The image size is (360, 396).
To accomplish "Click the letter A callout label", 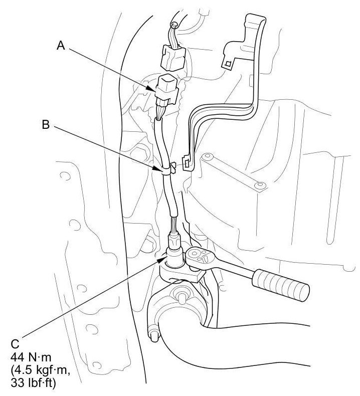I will pyautogui.click(x=61, y=46).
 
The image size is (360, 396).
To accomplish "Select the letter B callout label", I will pyautogui.click(x=46, y=125).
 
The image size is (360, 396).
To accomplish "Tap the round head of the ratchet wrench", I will pyautogui.click(x=199, y=259).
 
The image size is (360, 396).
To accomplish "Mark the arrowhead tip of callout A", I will pyautogui.click(x=156, y=91).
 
